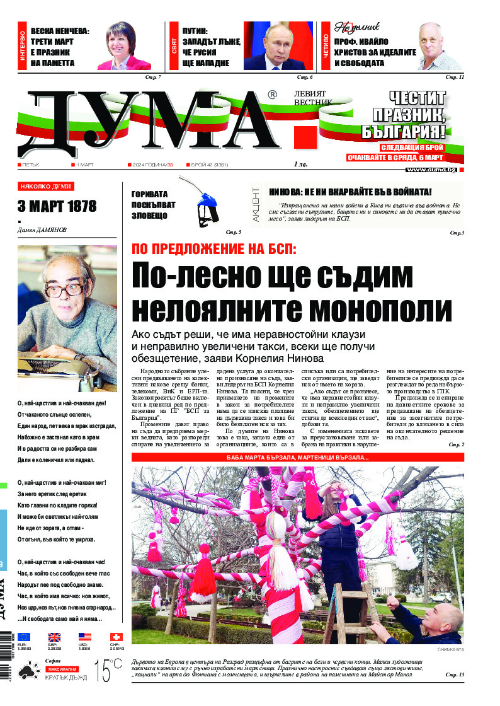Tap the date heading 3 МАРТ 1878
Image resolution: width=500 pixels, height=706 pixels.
(57, 206)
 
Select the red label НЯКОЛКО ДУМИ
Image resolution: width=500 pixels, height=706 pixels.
(46, 187)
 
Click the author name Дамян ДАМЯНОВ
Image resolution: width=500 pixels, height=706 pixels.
(42, 230)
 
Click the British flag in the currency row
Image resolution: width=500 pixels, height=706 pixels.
(54, 637)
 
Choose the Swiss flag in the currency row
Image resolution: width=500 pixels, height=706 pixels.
(116, 637)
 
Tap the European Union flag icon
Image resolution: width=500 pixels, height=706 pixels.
(24, 637)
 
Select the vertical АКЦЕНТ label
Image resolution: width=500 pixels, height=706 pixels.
(256, 204)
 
